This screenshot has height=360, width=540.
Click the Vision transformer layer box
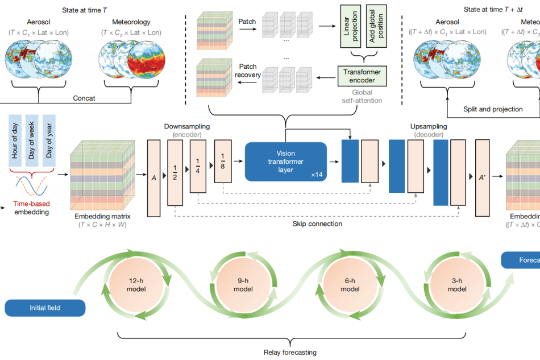[286, 162]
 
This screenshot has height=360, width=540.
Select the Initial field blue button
[45, 308]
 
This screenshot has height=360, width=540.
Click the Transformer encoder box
[362, 76]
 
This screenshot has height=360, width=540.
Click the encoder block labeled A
[154, 177]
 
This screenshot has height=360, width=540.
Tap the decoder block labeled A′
[481, 177]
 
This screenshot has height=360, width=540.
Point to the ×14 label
[317, 175]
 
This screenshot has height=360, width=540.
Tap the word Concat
[84, 98]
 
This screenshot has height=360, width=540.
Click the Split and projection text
[493, 109]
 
